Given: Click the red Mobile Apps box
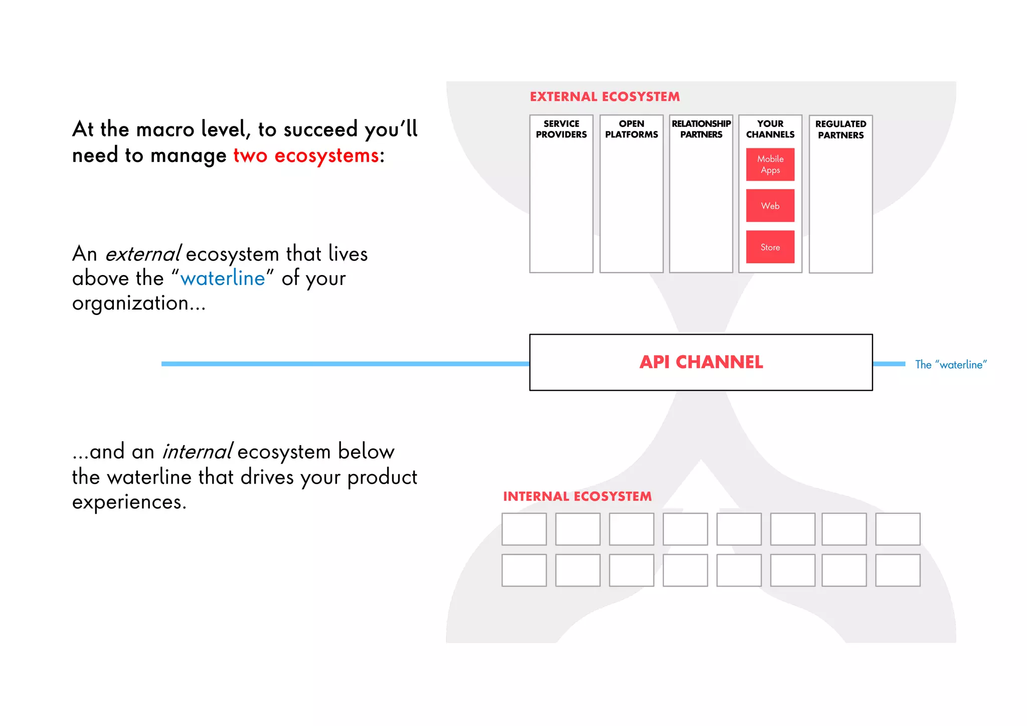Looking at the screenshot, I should [770, 165].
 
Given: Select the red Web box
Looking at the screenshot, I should [770, 206].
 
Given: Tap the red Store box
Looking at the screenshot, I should [770, 247].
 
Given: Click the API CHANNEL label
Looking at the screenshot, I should [701, 362].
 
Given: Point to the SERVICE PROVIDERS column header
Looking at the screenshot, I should [561, 129].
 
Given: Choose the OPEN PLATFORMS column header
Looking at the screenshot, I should [631, 129].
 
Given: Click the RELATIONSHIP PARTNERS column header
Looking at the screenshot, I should [701, 129].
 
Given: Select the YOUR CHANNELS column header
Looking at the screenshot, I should [770, 129].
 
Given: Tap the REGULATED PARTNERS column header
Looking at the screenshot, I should [840, 129].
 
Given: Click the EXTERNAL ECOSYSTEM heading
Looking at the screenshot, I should [605, 97].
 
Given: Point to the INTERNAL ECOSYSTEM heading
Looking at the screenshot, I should [577, 497].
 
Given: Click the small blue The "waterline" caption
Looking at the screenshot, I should [950, 365].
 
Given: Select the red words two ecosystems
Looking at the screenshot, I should [306, 156].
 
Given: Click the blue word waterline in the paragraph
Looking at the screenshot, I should [223, 278].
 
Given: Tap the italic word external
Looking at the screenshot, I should [142, 254].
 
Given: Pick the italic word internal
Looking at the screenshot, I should [197, 452].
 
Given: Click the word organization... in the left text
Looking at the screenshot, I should [138, 304].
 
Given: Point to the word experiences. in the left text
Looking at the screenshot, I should [129, 502].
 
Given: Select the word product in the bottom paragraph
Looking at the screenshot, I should [382, 477].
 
